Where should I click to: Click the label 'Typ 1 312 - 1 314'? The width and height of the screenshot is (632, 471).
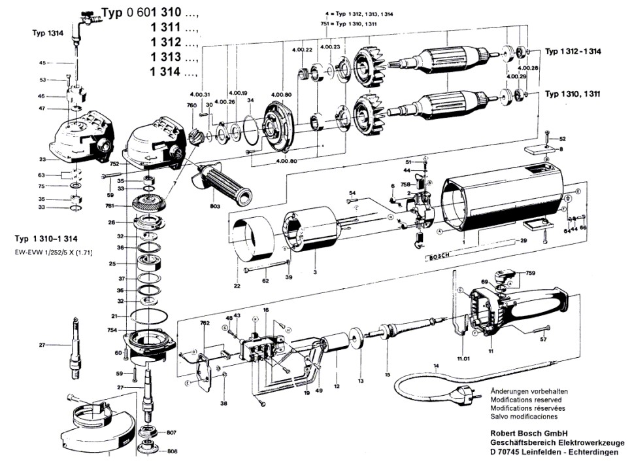pyautogui.click(x=573, y=52)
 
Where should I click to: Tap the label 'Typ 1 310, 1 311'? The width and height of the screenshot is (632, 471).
pyautogui.click(x=573, y=94)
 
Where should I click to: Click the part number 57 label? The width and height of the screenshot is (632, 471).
pyautogui.click(x=543, y=340)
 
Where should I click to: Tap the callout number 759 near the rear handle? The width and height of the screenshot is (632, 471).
pyautogui.click(x=530, y=273)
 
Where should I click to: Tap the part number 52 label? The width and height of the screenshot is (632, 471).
pyautogui.click(x=563, y=139)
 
